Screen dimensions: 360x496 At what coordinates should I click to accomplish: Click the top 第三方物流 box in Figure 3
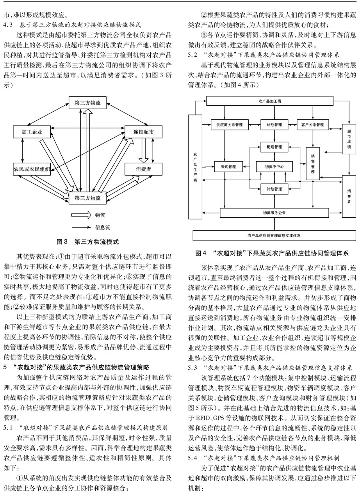(x=87, y=103)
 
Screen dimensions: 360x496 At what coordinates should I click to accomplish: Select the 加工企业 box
(x=32, y=132)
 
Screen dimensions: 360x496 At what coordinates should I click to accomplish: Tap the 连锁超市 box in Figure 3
(x=143, y=132)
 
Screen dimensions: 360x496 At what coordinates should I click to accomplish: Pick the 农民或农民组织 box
(x=32, y=169)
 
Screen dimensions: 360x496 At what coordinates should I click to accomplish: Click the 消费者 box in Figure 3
(x=143, y=169)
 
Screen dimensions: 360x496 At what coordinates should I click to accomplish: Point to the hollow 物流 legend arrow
(x=81, y=215)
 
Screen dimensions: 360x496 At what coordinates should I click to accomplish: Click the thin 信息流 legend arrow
(x=81, y=227)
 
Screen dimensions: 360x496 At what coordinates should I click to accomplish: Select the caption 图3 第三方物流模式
(x=88, y=242)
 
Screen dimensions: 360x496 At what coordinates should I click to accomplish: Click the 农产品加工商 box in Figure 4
(x=270, y=101)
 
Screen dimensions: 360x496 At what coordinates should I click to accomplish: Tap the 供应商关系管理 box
(x=229, y=124)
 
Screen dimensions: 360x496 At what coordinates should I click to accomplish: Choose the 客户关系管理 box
(x=312, y=124)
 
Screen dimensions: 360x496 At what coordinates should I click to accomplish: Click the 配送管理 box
(x=274, y=147)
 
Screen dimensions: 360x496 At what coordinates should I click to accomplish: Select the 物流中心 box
(x=274, y=167)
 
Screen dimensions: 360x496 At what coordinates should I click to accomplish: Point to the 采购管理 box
(x=228, y=167)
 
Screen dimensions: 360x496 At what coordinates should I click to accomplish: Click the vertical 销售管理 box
(x=313, y=164)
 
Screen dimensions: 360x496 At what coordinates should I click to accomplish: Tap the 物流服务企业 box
(x=274, y=213)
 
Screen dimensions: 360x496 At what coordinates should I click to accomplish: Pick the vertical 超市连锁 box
(x=349, y=139)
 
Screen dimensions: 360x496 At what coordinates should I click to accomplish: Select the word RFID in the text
(x=203, y=418)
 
